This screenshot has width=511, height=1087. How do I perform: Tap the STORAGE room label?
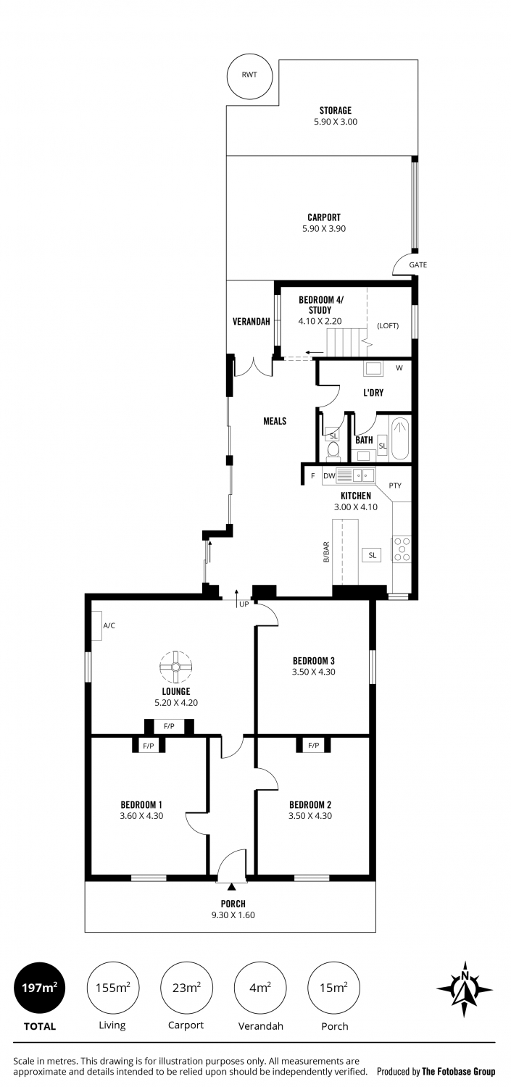pyautogui.click(x=336, y=111)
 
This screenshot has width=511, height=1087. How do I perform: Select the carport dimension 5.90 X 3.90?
pyautogui.click(x=324, y=228)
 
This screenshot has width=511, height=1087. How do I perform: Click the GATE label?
pyautogui.click(x=417, y=265)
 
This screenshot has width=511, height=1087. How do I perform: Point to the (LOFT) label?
pyautogui.click(x=388, y=325)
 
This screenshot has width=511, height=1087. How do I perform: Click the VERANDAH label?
pyautogui.click(x=251, y=321)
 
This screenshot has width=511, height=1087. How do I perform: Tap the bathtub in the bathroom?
pyautogui.click(x=400, y=438)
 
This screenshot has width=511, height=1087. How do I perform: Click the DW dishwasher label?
pyautogui.click(x=329, y=476)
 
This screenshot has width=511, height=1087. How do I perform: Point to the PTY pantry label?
pyautogui.click(x=395, y=486)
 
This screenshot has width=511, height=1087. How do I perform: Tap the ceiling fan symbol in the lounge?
pyautogui.click(x=175, y=667)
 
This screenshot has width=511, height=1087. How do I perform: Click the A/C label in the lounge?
pyautogui.click(x=109, y=625)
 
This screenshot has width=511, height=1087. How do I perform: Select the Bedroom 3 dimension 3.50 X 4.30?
pyautogui.click(x=314, y=672)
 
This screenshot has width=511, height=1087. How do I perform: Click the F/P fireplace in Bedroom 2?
pyautogui.click(x=314, y=745)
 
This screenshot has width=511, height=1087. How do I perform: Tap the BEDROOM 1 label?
pyautogui.click(x=141, y=804)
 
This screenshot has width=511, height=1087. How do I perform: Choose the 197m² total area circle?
pyautogui.click(x=39, y=988)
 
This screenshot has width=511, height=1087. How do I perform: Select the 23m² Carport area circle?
pyautogui.click(x=186, y=988)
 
